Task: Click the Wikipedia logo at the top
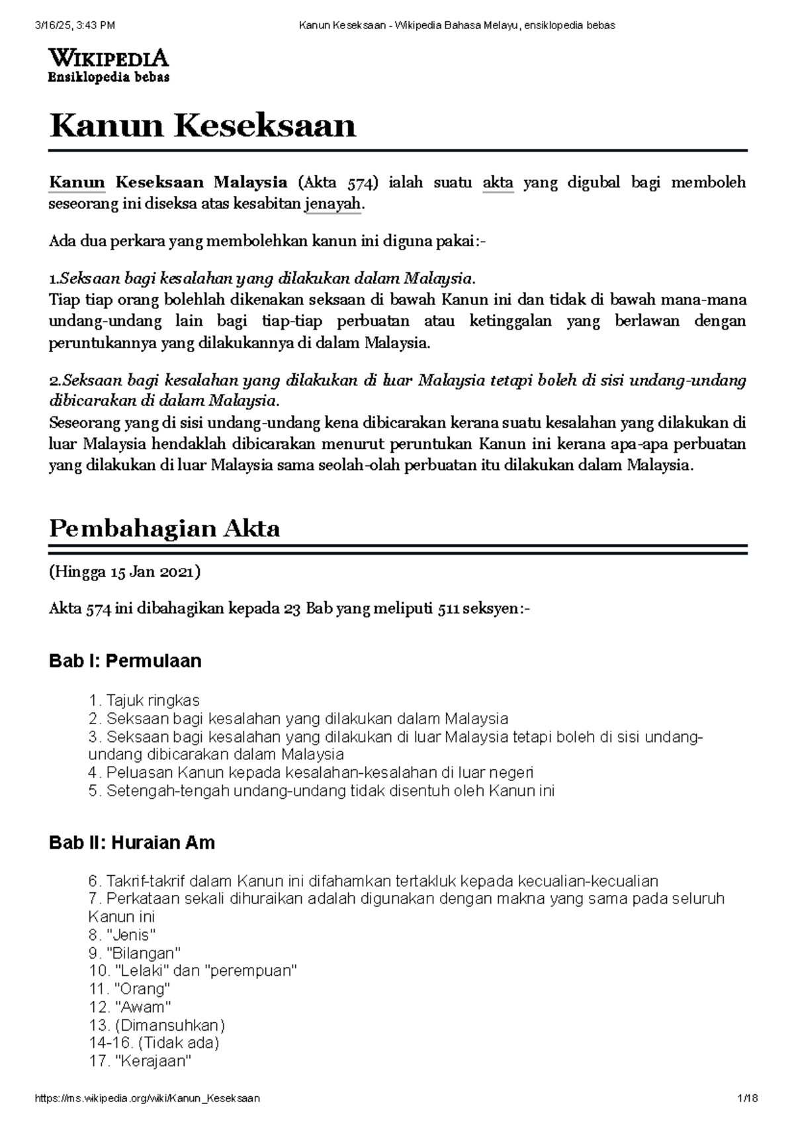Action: pos(109,66)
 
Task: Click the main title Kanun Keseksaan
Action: pos(203,126)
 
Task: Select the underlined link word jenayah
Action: pos(333,205)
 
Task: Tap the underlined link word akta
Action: pos(498,183)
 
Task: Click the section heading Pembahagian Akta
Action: pos(165,528)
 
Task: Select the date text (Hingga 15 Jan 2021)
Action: pos(124,572)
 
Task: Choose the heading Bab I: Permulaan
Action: pos(125,661)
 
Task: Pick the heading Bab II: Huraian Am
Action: pos(132,842)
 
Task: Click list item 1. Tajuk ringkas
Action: pos(144,700)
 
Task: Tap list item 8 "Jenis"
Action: pos(122,935)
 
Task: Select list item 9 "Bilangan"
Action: pos(134,953)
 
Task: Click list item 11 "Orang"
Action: pos(129,989)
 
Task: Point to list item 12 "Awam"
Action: pos(130,1007)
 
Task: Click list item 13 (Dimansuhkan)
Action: pos(157,1025)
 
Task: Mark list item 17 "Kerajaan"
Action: pos(140,1062)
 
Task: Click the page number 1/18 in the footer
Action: pos(748,1098)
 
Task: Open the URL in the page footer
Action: pos(148,1098)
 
